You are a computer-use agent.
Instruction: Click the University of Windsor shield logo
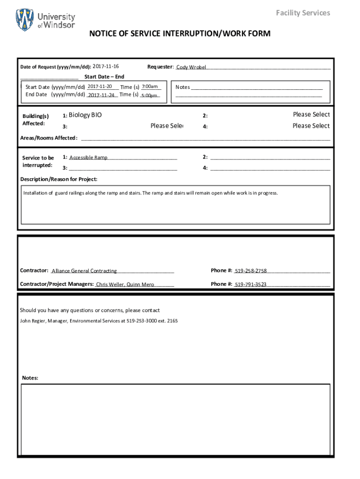[x=25, y=20]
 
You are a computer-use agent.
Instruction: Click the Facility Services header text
[x=302, y=13]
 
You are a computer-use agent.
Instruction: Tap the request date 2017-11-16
[x=106, y=66]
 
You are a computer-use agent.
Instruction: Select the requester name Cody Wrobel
[x=191, y=67]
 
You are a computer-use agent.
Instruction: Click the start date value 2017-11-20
[x=100, y=87]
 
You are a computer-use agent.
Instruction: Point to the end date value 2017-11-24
[x=101, y=95]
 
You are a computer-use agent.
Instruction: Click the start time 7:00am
[x=150, y=87]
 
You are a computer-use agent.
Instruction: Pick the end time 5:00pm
[x=149, y=95]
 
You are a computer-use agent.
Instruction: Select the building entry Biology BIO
[x=85, y=115]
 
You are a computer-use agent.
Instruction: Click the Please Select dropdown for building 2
[x=311, y=115]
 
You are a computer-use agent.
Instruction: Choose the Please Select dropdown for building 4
[x=311, y=125]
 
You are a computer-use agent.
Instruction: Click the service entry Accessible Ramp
[x=88, y=158]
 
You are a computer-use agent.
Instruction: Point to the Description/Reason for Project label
[x=59, y=179]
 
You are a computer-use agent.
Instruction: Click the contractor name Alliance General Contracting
[x=84, y=271]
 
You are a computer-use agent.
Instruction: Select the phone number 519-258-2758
[x=251, y=271]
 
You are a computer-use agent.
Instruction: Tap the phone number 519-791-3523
[x=251, y=284]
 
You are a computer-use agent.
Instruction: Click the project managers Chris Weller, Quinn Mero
[x=125, y=284]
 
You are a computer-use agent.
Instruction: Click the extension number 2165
[x=172, y=321]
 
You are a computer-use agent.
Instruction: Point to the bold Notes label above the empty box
[x=30, y=378]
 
